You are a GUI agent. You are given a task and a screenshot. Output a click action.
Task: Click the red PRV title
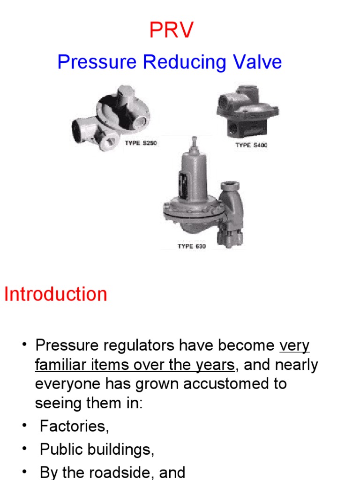171,30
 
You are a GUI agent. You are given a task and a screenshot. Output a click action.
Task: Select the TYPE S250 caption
141,143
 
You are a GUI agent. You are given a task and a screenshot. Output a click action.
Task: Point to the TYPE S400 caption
251,145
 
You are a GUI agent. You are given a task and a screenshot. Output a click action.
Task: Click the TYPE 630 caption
191,246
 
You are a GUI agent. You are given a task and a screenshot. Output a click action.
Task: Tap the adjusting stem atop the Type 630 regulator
193,143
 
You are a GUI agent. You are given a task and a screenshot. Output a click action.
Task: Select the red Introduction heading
56,294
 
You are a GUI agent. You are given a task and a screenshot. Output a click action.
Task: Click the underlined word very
294,346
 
